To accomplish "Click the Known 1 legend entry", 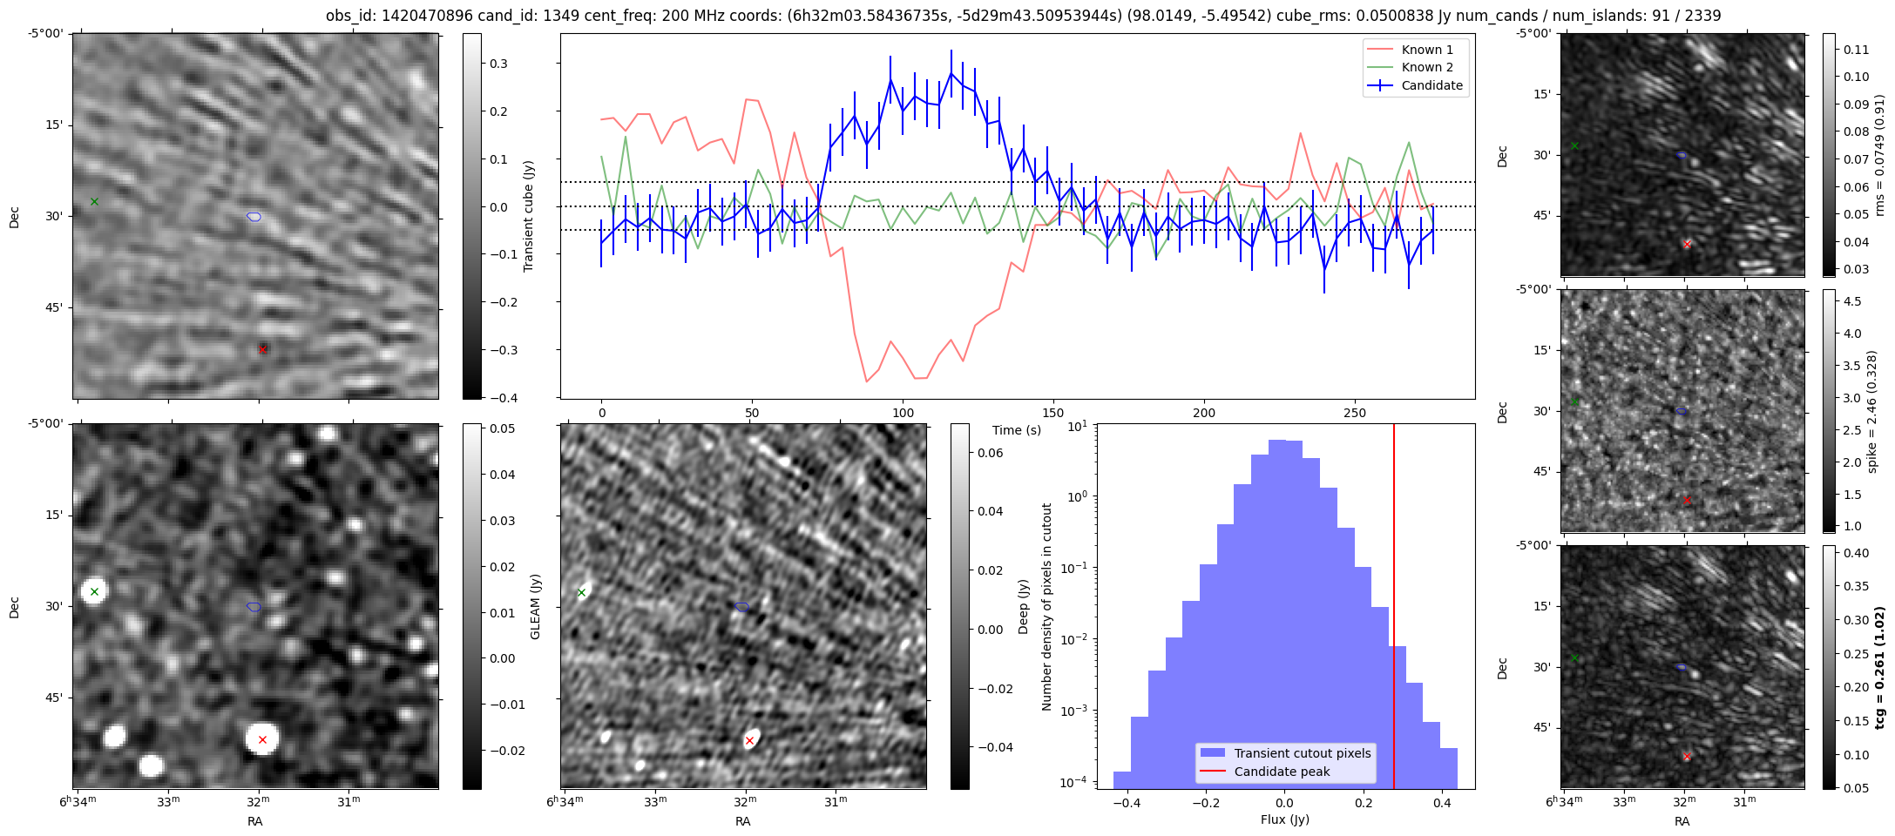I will pos(1426,50).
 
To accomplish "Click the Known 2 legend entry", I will pos(1426,67).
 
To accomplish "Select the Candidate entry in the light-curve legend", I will pos(1431,85).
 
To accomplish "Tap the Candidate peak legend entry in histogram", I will pos(1282,772).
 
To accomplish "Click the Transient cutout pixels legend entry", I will pos(1302,753).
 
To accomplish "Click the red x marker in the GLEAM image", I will pos(262,739).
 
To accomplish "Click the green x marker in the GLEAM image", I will pos(94,592).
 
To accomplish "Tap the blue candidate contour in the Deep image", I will pos(742,606).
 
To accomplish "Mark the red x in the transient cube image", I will pos(262,349).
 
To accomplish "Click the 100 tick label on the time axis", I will pos(904,413).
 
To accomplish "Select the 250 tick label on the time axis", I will pos(1355,413).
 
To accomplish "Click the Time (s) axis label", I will pos(1016,430).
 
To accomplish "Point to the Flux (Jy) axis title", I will pos(1284,819).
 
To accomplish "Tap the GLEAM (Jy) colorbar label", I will pos(535,606).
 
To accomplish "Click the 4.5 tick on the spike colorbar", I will pos(1852,301).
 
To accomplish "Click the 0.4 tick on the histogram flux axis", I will pos(1442,802).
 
